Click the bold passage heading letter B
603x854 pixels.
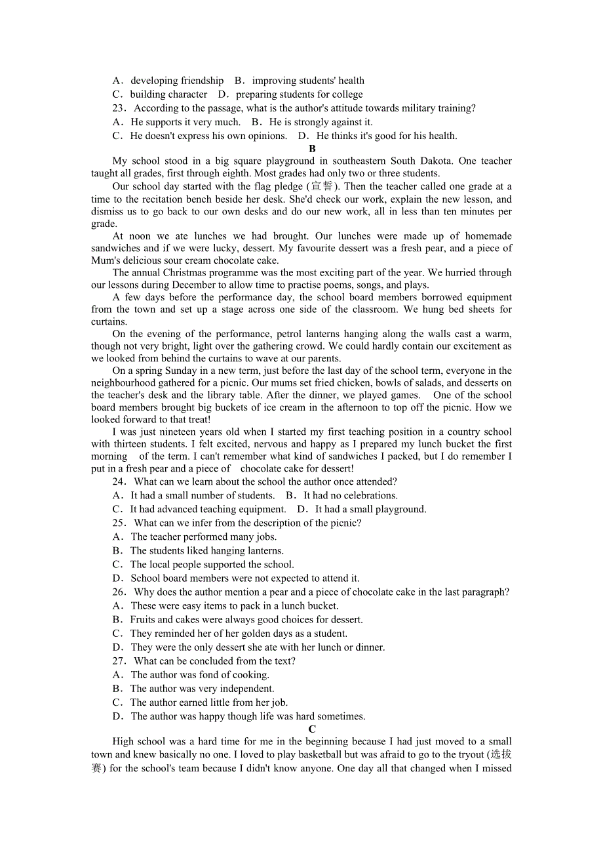[x=312, y=149]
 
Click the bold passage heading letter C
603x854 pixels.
[x=312, y=729]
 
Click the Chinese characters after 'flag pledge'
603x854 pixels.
[x=321, y=186]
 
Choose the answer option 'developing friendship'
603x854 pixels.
[x=177, y=81]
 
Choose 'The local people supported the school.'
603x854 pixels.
[x=212, y=565]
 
